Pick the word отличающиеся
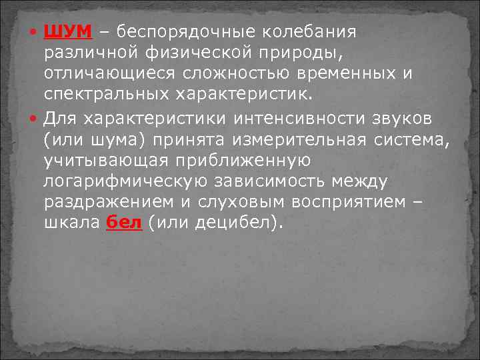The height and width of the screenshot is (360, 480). coord(110,71)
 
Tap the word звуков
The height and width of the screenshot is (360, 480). coord(391,119)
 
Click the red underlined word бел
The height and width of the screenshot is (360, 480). coord(124,222)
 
